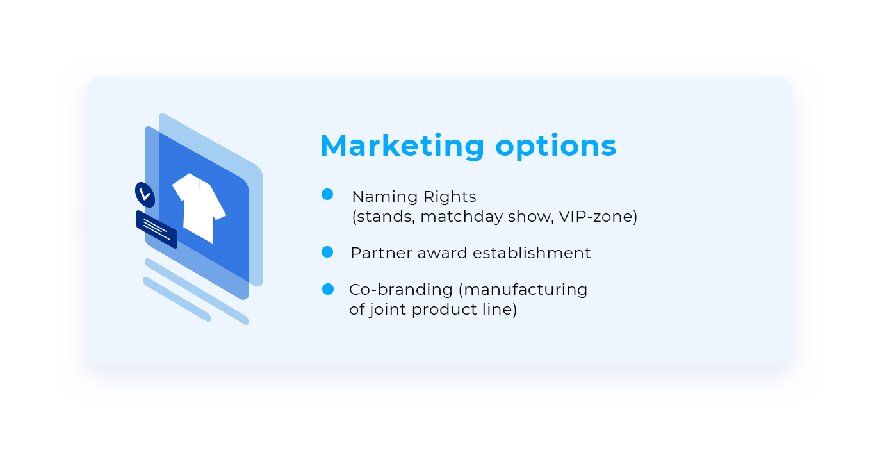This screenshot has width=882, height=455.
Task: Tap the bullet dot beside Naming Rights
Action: point(327,194)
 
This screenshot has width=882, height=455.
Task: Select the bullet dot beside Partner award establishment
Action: point(327,252)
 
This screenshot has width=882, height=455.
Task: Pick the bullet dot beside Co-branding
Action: point(327,289)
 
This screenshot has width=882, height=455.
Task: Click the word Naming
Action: point(385,197)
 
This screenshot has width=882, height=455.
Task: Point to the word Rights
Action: point(450,197)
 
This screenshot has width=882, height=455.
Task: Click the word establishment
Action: point(532,252)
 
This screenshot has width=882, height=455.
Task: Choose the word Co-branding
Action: point(401,290)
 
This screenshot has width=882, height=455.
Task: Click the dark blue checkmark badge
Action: point(145,195)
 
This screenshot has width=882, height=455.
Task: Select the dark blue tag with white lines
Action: point(157,229)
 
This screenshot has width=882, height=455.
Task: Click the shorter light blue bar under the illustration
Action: point(177,299)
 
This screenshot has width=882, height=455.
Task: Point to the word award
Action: point(443,253)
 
